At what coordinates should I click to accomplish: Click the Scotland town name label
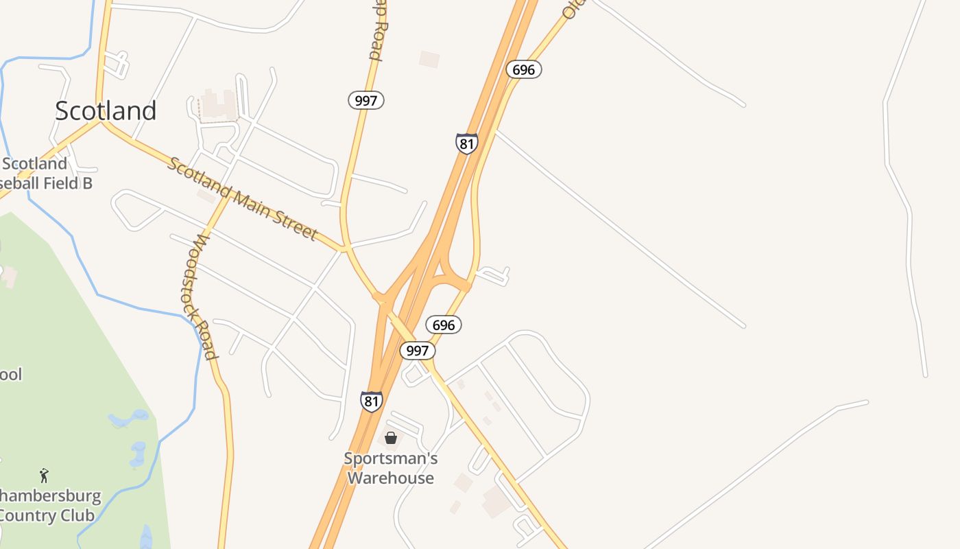pyautogui.click(x=106, y=111)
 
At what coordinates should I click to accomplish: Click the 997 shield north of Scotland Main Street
pyautogui.click(x=366, y=100)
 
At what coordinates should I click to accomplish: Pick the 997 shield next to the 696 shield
pyautogui.click(x=417, y=351)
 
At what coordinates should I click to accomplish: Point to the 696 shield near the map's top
pyautogui.click(x=524, y=69)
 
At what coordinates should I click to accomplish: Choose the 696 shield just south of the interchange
pyautogui.click(x=443, y=325)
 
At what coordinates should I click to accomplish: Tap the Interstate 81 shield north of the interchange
pyautogui.click(x=466, y=143)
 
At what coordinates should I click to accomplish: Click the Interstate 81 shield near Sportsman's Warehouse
pyautogui.click(x=371, y=401)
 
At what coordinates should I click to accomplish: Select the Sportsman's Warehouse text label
pyautogui.click(x=391, y=468)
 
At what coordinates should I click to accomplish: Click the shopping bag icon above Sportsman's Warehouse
pyautogui.click(x=391, y=437)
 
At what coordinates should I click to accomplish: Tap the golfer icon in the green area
pyautogui.click(x=45, y=475)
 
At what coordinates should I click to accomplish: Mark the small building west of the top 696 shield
pyautogui.click(x=429, y=59)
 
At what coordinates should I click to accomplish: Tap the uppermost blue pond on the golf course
pyautogui.click(x=130, y=417)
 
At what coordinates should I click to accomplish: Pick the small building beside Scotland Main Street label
pyautogui.click(x=206, y=196)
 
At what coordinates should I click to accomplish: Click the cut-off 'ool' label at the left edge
pyautogui.click(x=11, y=375)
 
